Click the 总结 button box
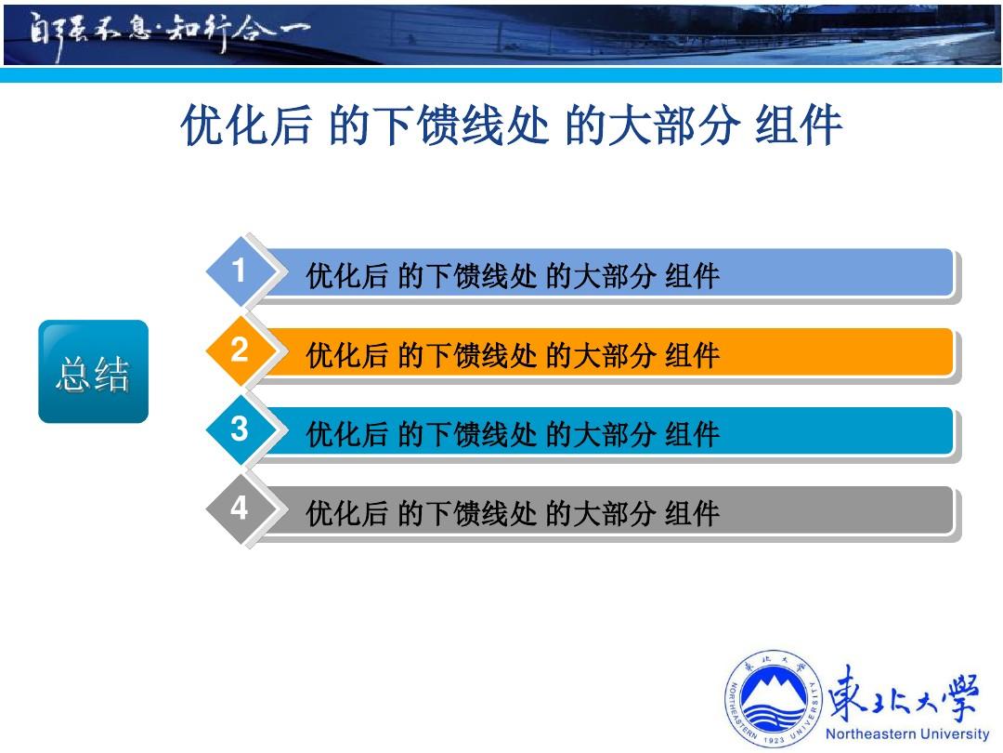pos(94,371)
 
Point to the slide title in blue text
pos(511,125)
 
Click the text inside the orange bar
pos(513,355)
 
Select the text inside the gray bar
pos(513,513)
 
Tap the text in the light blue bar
pos(513,276)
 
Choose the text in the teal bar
pos(513,434)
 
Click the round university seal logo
pos(774,698)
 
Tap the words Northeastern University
pos(907,733)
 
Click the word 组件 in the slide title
pos(799,125)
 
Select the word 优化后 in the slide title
pos(246,125)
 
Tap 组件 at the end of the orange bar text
pos(693,355)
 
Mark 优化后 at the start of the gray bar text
pos(346,513)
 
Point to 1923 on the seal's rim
pos(774,740)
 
